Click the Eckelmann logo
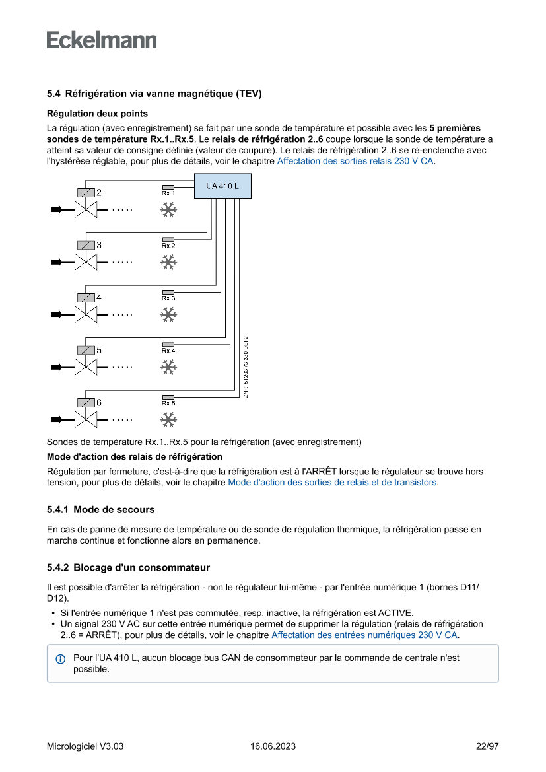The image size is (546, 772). click(x=102, y=40)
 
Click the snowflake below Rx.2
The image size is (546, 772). click(x=168, y=262)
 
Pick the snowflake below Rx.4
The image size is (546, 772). click(x=168, y=367)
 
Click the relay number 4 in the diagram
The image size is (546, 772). click(x=99, y=298)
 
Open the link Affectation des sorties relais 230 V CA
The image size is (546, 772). click(x=355, y=160)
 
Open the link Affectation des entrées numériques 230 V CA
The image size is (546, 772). click(x=364, y=635)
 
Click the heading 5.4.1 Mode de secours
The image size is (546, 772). click(x=101, y=510)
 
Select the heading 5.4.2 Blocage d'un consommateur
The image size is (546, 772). click(x=128, y=567)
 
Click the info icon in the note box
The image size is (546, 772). click(x=61, y=659)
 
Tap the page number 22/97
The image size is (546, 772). click(x=487, y=746)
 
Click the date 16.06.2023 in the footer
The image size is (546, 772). click(x=273, y=746)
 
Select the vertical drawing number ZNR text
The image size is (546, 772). click(x=246, y=367)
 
